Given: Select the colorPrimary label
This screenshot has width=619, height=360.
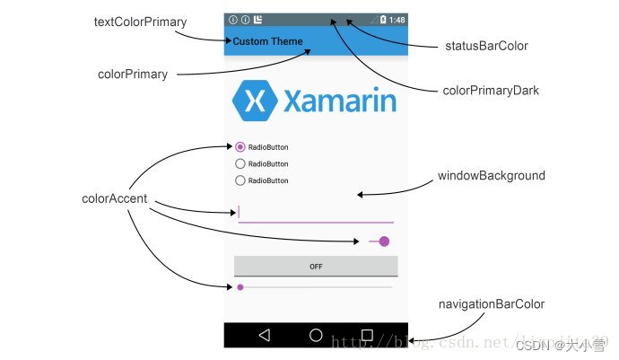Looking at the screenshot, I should click(x=133, y=75).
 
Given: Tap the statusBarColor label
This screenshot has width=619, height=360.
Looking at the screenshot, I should click(x=487, y=46).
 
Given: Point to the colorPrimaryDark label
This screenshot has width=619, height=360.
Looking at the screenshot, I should click(x=491, y=90).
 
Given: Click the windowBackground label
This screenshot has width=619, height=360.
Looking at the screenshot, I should click(x=491, y=176).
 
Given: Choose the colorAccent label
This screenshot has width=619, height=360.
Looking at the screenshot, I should click(x=114, y=199).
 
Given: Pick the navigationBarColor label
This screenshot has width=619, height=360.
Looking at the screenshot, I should click(x=491, y=304).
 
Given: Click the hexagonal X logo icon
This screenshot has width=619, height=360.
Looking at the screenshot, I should click(x=254, y=101).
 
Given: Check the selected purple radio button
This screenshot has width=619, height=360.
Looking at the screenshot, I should click(x=240, y=147).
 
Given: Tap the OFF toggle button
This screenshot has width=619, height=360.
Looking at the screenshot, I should click(x=316, y=267).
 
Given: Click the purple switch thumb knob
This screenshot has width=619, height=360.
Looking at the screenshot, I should click(x=385, y=241).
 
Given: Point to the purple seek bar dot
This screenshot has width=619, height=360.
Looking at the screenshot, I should click(x=240, y=287).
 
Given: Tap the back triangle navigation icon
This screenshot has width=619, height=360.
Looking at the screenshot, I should click(x=264, y=335).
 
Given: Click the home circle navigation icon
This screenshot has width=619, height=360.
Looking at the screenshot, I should click(x=316, y=335).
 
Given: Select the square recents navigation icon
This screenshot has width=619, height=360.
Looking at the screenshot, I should click(x=367, y=335).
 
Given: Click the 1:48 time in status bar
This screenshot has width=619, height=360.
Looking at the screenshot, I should click(x=397, y=20).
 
